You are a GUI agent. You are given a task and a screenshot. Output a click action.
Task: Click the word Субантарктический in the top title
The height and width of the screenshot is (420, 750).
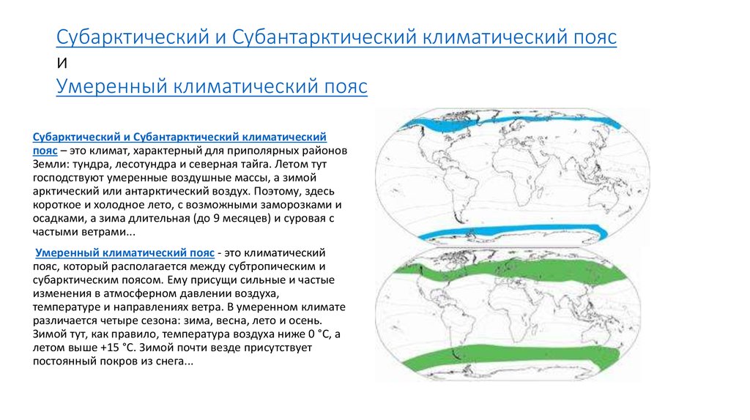pyautogui.click(x=324, y=37)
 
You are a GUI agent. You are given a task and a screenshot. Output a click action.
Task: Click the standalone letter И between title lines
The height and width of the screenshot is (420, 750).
pyautogui.click(x=62, y=63)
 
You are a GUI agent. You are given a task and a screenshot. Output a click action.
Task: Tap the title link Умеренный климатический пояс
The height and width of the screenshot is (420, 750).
pyautogui.click(x=212, y=86)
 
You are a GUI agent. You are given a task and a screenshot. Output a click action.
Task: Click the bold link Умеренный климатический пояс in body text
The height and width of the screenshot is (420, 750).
pyautogui.click(x=125, y=252)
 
